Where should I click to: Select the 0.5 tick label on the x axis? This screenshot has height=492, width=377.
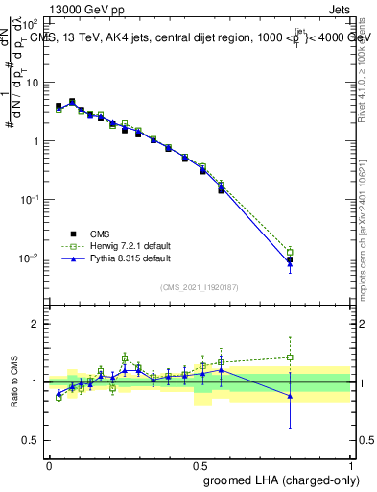(200, 464)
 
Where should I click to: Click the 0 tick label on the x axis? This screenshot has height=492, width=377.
(48, 464)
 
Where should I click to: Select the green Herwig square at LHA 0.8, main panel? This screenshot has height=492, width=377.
(290, 253)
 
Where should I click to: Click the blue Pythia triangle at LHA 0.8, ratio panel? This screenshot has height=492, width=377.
(290, 396)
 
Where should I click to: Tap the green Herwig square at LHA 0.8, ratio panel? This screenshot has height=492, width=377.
(290, 357)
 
